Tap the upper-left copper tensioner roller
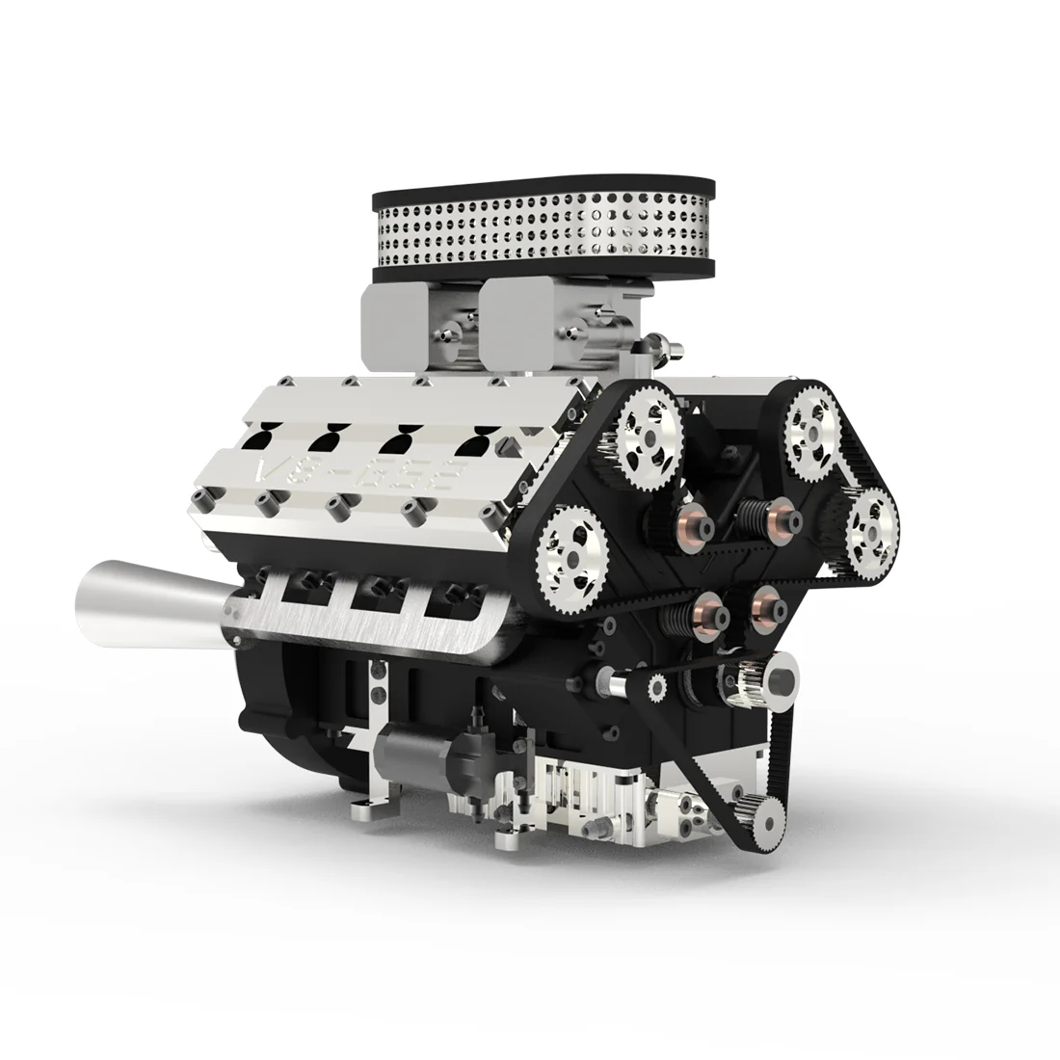point(695,521)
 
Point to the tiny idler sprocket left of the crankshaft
point(657,687)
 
